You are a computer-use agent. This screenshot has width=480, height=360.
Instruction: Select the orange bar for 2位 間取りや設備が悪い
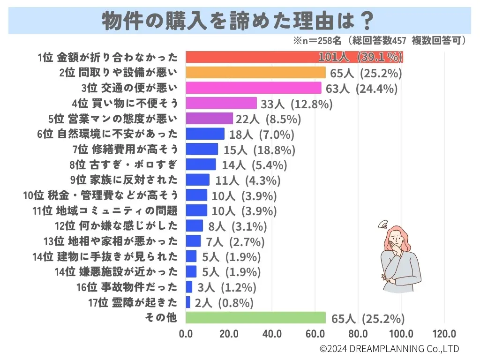click(x=255, y=73)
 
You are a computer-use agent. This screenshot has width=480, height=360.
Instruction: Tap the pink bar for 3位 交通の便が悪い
click(x=254, y=88)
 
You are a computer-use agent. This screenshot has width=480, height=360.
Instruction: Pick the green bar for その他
click(x=255, y=318)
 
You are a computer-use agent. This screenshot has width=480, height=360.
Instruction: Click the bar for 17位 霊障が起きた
click(x=188, y=302)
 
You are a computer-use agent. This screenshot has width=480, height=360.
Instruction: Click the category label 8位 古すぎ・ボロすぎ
click(x=124, y=165)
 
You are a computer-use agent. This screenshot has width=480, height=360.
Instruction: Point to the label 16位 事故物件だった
click(x=127, y=287)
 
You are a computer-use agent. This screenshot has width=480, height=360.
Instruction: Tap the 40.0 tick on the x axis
click(x=272, y=334)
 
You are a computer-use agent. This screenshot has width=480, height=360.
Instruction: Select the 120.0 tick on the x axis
click(x=444, y=334)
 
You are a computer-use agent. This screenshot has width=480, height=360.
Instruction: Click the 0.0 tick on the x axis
click(x=186, y=334)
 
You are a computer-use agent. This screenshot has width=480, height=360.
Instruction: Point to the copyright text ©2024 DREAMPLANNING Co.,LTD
click(x=389, y=349)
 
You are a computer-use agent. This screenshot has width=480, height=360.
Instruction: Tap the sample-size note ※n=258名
click(x=316, y=41)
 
